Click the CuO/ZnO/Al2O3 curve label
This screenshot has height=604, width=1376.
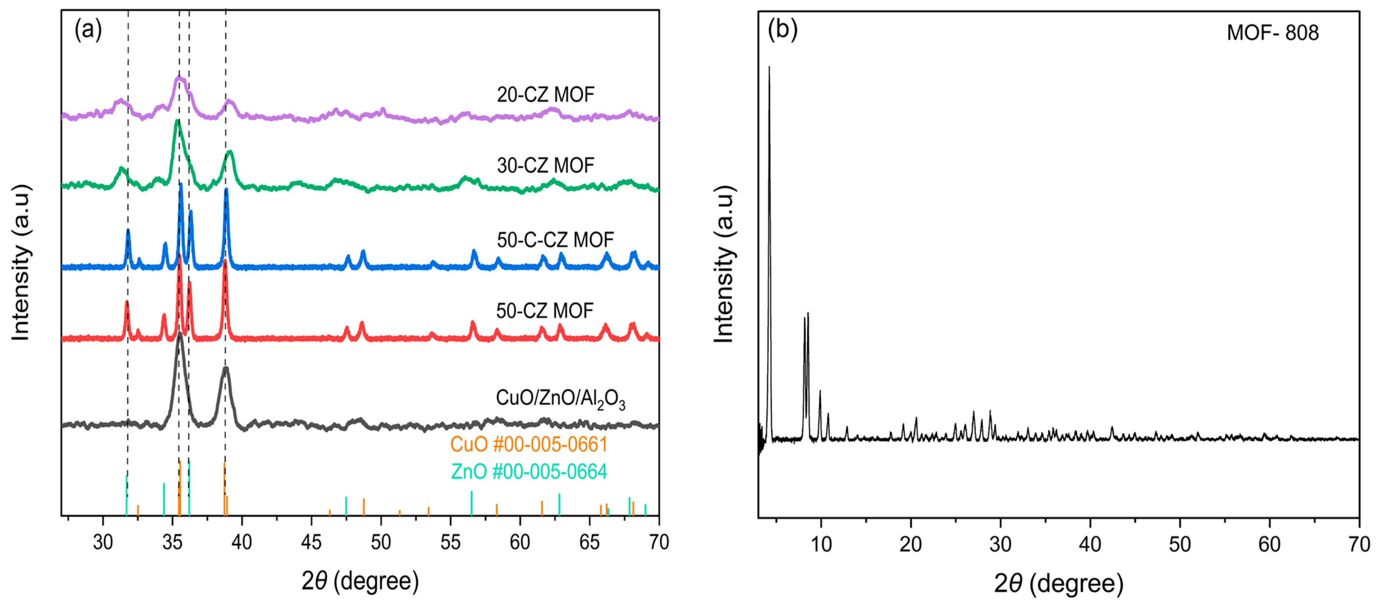[560, 398]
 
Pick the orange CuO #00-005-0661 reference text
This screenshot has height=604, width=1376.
[528, 444]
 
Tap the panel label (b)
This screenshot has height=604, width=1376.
[782, 30]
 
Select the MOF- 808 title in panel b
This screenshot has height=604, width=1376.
[1272, 33]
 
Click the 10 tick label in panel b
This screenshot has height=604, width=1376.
[821, 545]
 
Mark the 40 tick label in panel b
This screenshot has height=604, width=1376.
[1090, 545]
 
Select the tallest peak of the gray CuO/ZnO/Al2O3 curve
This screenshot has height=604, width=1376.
[180, 334]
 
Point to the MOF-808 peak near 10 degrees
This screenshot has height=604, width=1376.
[820, 393]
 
